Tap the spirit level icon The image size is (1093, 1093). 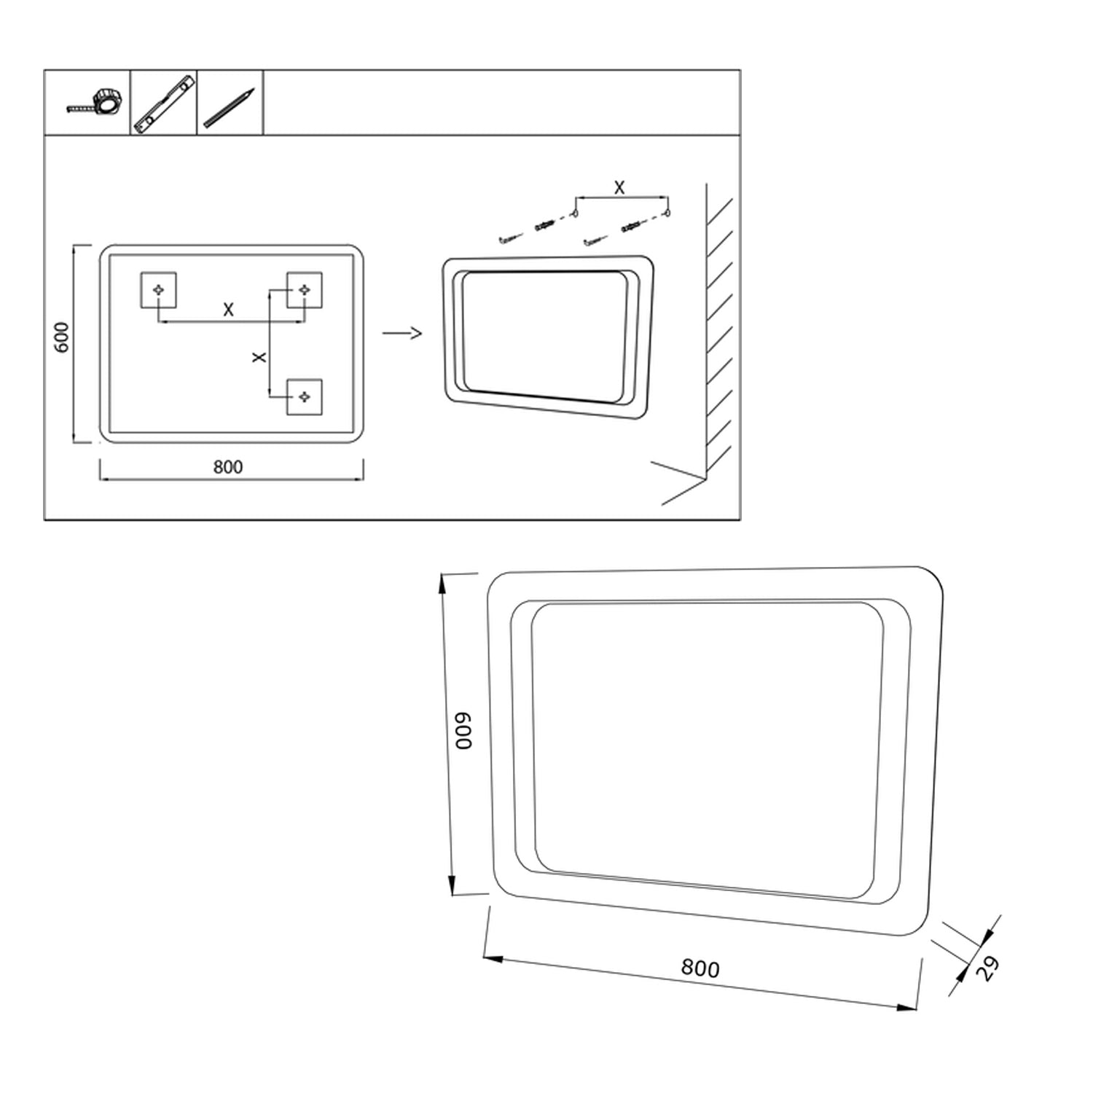tap(164, 103)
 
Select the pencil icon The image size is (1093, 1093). tap(230, 108)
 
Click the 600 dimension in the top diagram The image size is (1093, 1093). tap(62, 337)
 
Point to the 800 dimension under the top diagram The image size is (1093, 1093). tap(228, 467)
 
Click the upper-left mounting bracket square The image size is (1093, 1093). tap(158, 290)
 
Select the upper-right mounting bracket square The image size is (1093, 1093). tap(305, 290)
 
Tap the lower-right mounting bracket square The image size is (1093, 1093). tap(305, 397)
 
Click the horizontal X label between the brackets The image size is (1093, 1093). tap(228, 310)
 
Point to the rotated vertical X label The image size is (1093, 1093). tap(259, 358)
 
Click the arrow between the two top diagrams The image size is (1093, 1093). tap(402, 334)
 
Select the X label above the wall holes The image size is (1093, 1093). tap(619, 187)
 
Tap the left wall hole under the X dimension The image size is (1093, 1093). tap(575, 213)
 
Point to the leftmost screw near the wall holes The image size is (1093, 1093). tap(512, 238)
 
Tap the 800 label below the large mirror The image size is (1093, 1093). tap(700, 968)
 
